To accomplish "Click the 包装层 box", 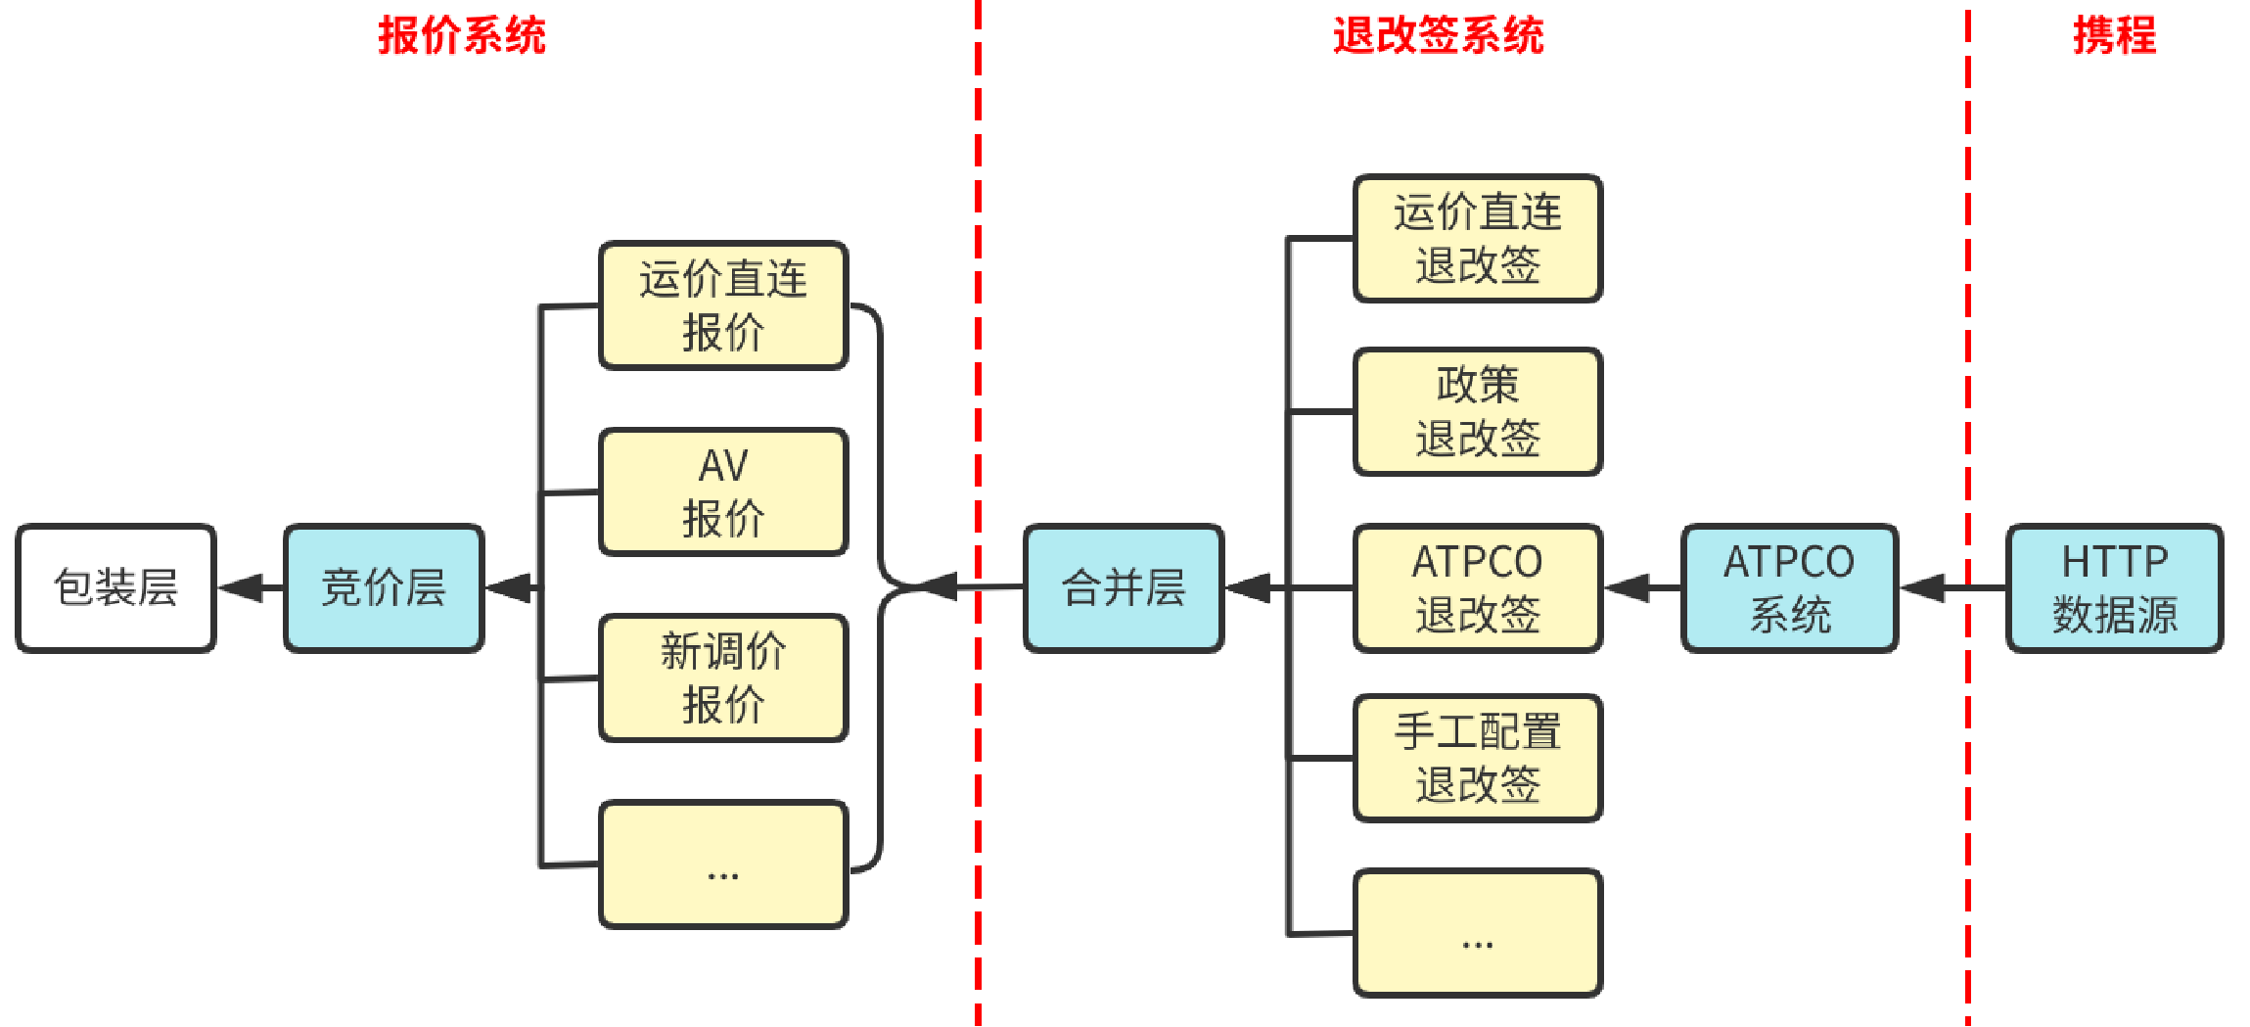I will (x=115, y=587).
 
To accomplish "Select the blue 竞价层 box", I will (x=384, y=587).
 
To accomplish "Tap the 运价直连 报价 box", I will (x=723, y=305).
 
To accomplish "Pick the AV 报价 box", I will (x=723, y=491).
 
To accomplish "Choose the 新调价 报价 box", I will (x=723, y=677).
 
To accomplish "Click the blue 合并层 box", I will (x=1124, y=587).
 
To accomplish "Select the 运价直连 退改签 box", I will (x=1477, y=239).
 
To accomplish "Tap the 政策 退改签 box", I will (x=1477, y=411).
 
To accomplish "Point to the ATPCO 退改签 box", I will (x=1477, y=587).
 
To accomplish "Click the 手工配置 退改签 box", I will (x=1477, y=758).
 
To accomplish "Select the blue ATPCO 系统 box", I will (x=1789, y=587).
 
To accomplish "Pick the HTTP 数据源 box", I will (x=2114, y=587).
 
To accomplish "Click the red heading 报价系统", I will (x=462, y=36).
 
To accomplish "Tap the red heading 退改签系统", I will (x=1438, y=36).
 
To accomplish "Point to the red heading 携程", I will (x=2114, y=36).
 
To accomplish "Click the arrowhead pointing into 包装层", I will (x=241, y=587).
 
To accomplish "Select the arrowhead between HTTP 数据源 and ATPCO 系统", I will (x=1924, y=587).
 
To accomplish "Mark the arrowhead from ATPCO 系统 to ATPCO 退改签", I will (x=1629, y=587).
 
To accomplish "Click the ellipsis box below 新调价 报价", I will (x=723, y=864).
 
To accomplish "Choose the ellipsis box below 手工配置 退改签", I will (x=1477, y=933).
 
